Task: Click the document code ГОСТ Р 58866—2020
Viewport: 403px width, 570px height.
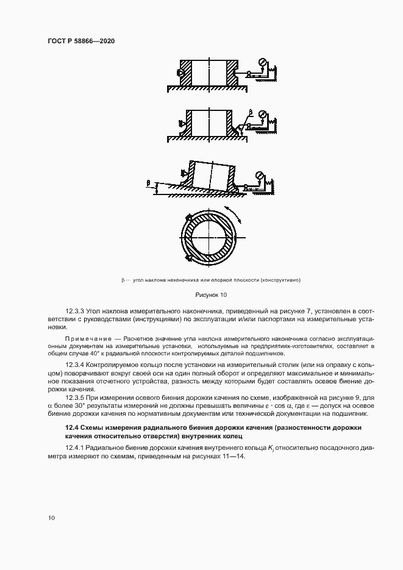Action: (x=81, y=41)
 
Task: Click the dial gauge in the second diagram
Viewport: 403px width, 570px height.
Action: (x=263, y=114)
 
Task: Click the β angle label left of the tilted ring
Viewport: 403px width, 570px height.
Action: (x=148, y=182)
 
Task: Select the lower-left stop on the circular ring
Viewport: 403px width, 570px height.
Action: (x=190, y=259)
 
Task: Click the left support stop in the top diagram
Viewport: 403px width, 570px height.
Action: (x=181, y=73)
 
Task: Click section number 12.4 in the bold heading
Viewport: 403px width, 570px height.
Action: (x=72, y=428)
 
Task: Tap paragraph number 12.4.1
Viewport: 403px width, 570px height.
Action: (x=77, y=447)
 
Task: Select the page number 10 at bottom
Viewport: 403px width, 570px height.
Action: (x=51, y=518)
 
